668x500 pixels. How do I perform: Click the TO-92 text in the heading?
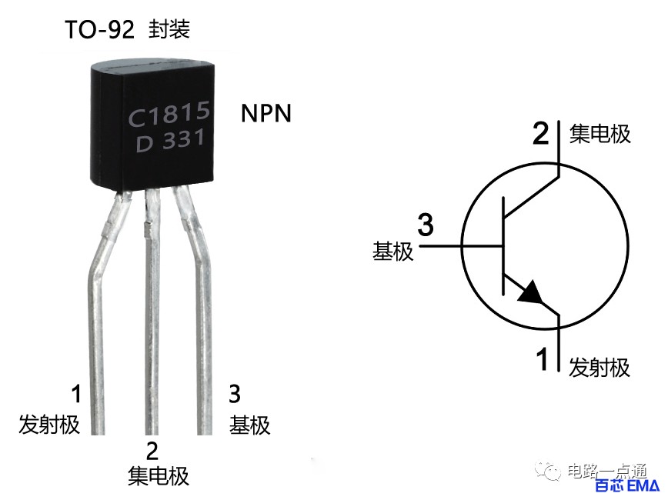click(100, 30)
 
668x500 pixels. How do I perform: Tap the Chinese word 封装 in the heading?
click(169, 29)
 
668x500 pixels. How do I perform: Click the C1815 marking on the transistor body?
click(169, 114)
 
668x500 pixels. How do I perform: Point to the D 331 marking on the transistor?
click(170, 140)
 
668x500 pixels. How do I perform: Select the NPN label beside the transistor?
click(266, 113)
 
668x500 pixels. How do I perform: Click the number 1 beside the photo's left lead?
click(76, 394)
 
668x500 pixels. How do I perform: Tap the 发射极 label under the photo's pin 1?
click(49, 425)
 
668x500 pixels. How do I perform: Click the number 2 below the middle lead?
click(152, 451)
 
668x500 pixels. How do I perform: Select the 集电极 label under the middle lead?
click(158, 475)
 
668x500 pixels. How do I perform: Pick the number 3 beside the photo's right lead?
click(235, 394)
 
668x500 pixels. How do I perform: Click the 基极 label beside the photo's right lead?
click(249, 425)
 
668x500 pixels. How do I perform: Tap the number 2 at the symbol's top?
click(541, 134)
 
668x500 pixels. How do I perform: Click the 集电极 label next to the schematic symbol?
click(600, 134)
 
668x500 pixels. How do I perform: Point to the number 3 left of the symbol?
click(425, 225)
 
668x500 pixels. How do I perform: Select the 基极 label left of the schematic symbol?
click(392, 252)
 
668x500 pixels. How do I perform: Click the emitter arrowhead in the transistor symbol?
click(531, 293)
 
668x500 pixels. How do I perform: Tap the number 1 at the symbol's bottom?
click(542, 359)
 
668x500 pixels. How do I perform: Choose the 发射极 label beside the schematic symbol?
click(599, 367)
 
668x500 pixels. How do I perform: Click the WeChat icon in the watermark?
click(548, 470)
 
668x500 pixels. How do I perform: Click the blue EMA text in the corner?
click(643, 485)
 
